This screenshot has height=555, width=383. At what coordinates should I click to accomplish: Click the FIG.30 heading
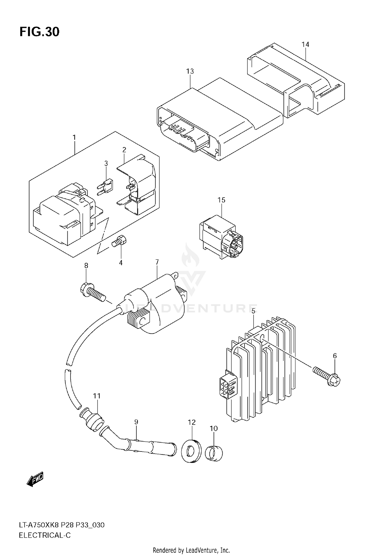click(39, 32)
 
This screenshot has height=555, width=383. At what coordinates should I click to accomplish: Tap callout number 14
click(305, 44)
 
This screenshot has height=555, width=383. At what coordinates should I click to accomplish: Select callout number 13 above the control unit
click(190, 71)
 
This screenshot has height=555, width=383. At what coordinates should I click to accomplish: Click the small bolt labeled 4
click(119, 241)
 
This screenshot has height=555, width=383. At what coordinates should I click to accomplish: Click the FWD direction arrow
click(35, 479)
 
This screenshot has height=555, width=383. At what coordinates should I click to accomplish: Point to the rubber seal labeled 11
click(93, 420)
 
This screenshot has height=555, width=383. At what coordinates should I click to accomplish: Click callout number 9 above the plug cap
click(136, 422)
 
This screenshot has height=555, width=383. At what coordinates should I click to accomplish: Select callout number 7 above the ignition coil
click(157, 262)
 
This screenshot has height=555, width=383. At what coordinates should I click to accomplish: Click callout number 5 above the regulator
click(253, 311)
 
